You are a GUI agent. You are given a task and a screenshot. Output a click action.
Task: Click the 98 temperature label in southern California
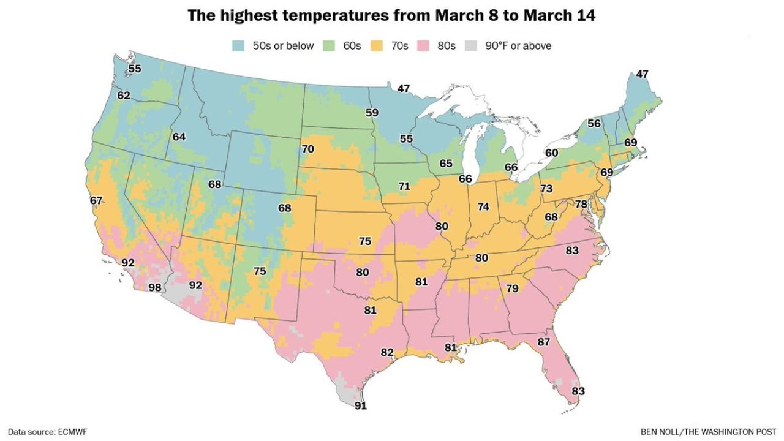pyautogui.click(x=155, y=288)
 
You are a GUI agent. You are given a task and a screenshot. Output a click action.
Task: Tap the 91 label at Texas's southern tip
pyautogui.click(x=362, y=404)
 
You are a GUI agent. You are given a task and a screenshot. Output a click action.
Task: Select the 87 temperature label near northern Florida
pyautogui.click(x=543, y=342)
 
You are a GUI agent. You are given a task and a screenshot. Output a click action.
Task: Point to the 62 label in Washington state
pyautogui.click(x=124, y=96)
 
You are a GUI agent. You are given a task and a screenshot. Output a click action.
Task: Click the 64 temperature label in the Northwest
pyautogui.click(x=179, y=137)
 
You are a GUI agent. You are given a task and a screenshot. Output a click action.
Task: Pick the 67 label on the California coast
pyautogui.click(x=96, y=200)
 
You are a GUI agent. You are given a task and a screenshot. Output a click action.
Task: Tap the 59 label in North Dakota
pyautogui.click(x=372, y=113)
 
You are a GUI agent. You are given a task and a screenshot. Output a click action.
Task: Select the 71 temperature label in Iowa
pyautogui.click(x=404, y=186)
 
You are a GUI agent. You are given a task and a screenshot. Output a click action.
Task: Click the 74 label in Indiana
pyautogui.click(x=484, y=207)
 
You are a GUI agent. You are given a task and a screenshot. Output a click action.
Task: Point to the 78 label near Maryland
pyautogui.click(x=581, y=203)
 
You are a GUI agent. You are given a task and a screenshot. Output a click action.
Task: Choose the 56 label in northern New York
pyautogui.click(x=594, y=123)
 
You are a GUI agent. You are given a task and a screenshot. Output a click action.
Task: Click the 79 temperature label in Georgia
pyautogui.click(x=512, y=288)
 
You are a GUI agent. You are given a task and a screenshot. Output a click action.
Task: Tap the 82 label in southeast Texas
pyautogui.click(x=387, y=352)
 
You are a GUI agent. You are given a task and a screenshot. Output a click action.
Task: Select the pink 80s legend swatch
pyautogui.click(x=425, y=46)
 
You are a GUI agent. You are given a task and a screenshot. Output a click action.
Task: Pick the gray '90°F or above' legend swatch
pyautogui.click(x=471, y=46)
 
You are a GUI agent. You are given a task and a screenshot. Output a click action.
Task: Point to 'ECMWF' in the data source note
pyautogui.click(x=72, y=432)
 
